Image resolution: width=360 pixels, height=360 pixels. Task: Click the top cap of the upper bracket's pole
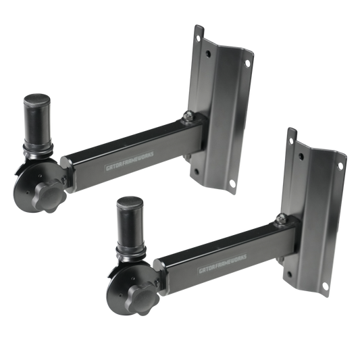pos(37,100)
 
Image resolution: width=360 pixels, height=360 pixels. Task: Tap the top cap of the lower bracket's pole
pos(130,203)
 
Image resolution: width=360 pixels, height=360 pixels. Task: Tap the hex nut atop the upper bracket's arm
pos(189,115)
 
